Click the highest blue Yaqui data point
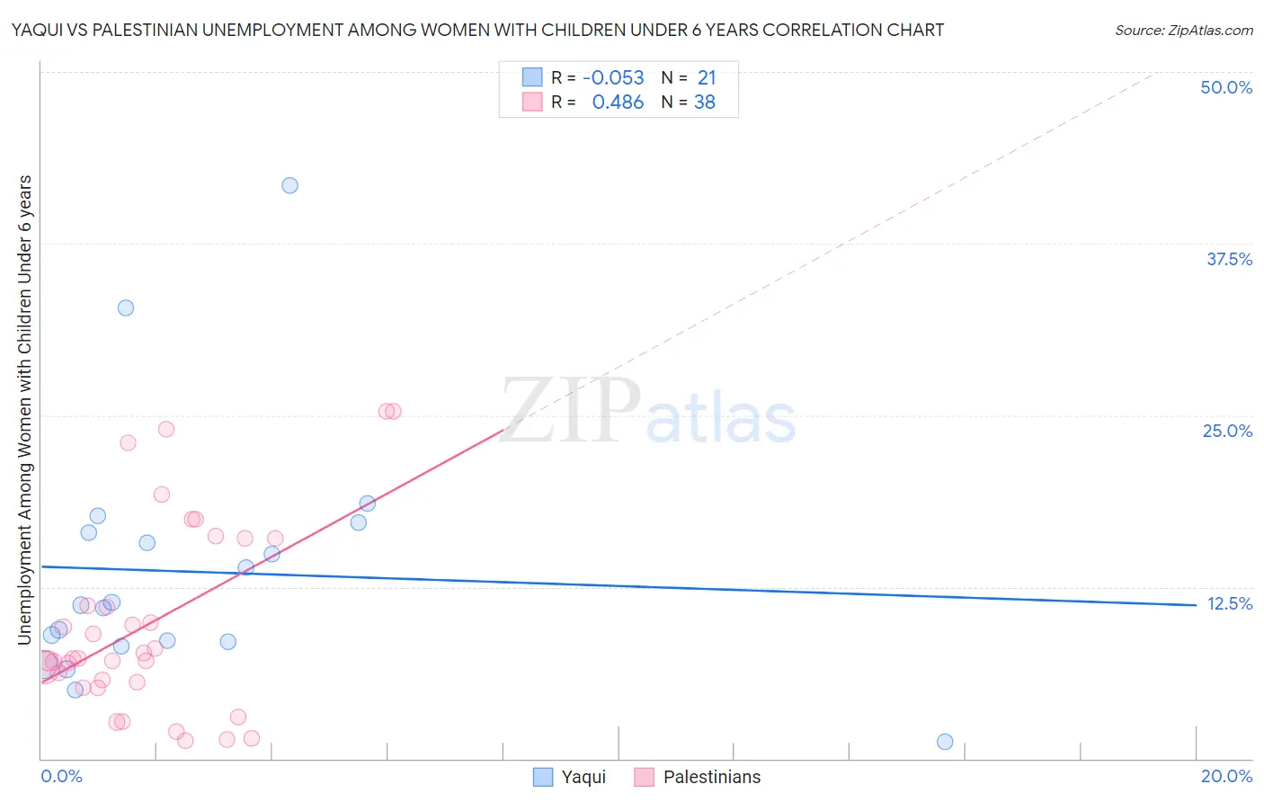click(x=289, y=185)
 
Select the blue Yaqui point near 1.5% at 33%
click(x=126, y=307)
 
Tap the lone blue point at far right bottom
click(x=945, y=742)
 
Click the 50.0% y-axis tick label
click(x=1226, y=87)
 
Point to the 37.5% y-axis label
click(x=1229, y=259)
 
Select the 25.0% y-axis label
click(x=1227, y=431)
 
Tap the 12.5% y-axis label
click(x=1229, y=603)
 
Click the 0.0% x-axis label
click(x=61, y=776)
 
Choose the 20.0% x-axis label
click(x=1226, y=776)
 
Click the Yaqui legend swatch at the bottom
click(x=543, y=777)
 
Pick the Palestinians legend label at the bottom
click(x=711, y=777)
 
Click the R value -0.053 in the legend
click(x=613, y=78)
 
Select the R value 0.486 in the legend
click(x=618, y=102)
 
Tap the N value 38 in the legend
click(x=705, y=102)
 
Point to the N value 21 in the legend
click(x=707, y=78)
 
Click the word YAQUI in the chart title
click(x=37, y=30)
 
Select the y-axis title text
click(x=24, y=409)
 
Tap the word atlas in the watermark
click(x=721, y=419)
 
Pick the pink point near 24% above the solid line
click(x=166, y=429)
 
